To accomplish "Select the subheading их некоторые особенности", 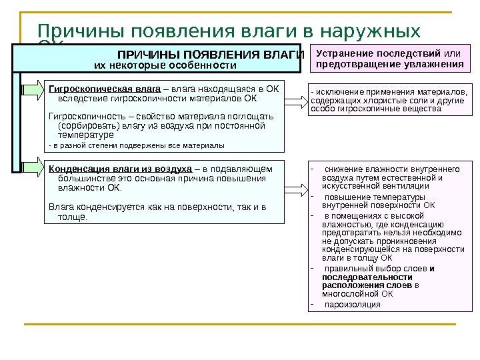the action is pos(165,65).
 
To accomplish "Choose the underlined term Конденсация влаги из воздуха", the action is pos(121,168).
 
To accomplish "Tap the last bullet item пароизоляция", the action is pos(353,305).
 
